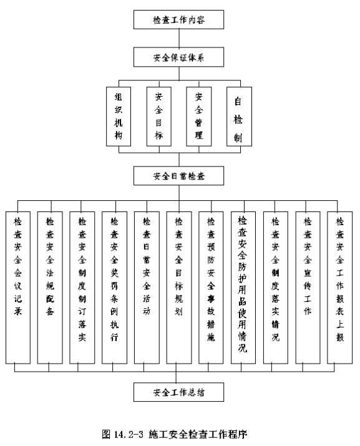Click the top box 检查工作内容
click(x=178, y=19)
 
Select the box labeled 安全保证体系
click(x=178, y=57)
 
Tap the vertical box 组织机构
click(x=119, y=117)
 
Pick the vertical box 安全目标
click(x=159, y=117)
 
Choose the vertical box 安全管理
click(x=199, y=117)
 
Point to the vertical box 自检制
click(x=239, y=117)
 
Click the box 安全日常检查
click(x=178, y=176)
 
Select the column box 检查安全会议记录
click(x=18, y=288)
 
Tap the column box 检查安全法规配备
click(x=50, y=288)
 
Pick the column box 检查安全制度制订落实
click(x=82, y=288)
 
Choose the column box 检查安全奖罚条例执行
click(x=114, y=288)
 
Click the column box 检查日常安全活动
click(x=147, y=288)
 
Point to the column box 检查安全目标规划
click(x=179, y=288)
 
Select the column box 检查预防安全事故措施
click(x=211, y=288)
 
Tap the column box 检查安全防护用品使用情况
click(x=243, y=288)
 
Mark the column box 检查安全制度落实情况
click(x=276, y=288)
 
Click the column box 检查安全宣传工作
click(x=308, y=288)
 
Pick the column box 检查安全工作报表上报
click(x=340, y=288)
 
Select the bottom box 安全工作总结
click(x=178, y=392)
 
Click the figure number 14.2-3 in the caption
click(x=128, y=434)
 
